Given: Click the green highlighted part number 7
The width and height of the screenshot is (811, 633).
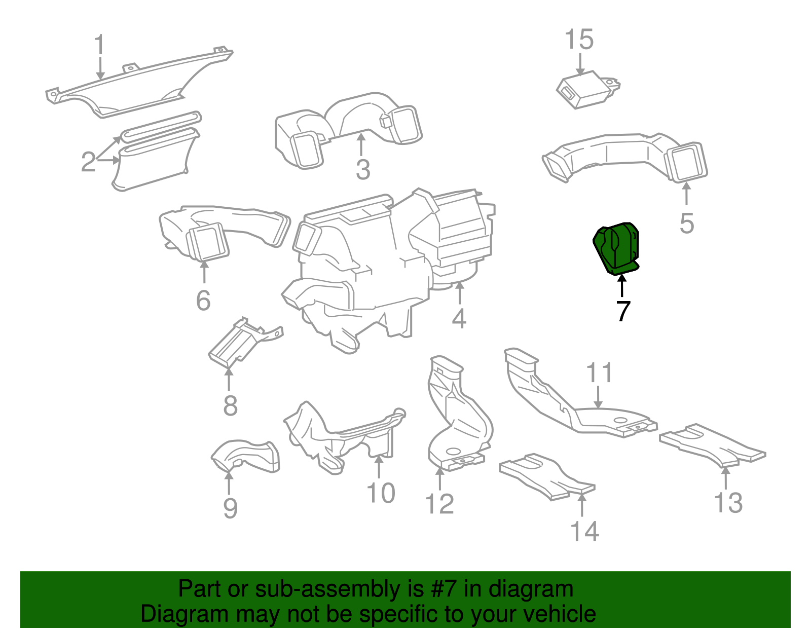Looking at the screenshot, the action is (x=616, y=249).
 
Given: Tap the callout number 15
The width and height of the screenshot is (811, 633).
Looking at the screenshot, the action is (x=579, y=40).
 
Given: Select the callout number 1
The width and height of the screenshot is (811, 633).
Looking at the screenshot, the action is (x=99, y=45).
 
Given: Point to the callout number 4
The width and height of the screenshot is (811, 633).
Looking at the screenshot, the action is (x=459, y=318).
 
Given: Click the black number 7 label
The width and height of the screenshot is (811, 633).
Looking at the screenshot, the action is (x=623, y=311).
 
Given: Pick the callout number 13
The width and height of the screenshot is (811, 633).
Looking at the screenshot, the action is (x=728, y=503).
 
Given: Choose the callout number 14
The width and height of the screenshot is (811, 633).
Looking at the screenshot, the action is (x=584, y=531).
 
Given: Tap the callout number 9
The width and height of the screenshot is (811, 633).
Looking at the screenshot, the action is (x=230, y=508).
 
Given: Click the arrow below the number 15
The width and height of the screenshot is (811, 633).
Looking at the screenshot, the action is (x=579, y=64).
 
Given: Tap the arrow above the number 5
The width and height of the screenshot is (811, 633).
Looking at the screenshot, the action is (x=686, y=194).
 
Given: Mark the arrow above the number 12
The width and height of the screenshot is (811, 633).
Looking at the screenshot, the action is (x=439, y=478).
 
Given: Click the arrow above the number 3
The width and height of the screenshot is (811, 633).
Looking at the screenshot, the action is (x=360, y=144).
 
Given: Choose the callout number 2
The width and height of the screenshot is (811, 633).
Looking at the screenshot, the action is (x=88, y=162).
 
